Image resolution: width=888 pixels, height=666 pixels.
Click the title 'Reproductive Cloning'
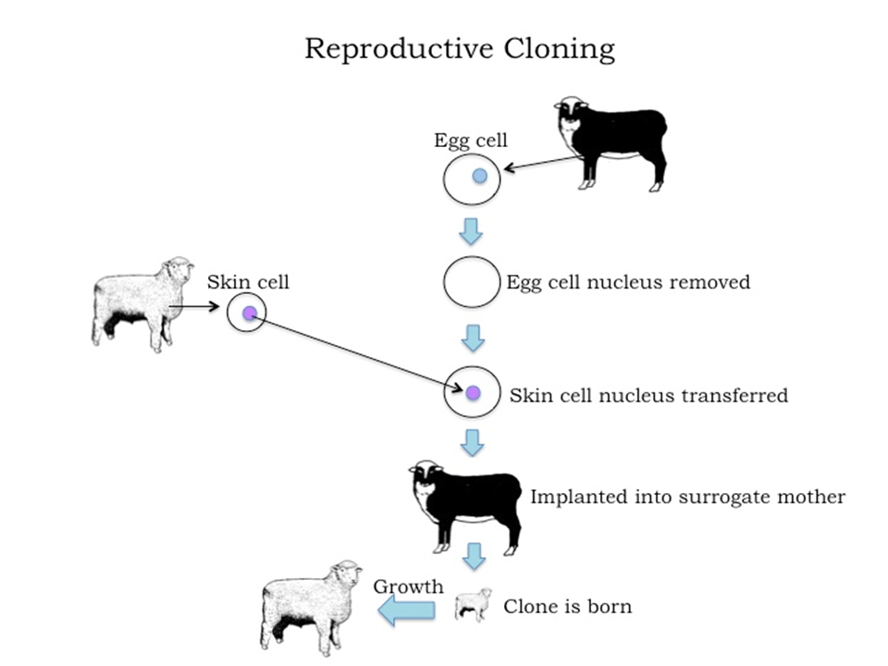click(460, 48)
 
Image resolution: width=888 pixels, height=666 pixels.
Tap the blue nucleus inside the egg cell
click(479, 175)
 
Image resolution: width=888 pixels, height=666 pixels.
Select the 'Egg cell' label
click(471, 141)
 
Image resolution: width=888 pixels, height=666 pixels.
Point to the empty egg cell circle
click(472, 282)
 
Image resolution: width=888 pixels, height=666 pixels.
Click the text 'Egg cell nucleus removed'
click(628, 282)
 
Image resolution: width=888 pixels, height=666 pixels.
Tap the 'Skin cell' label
click(248, 282)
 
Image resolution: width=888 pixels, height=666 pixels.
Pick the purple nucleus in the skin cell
click(248, 314)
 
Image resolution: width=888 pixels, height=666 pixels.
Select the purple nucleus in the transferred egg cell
click(474, 393)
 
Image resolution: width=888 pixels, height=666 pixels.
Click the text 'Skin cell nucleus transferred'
click(648, 396)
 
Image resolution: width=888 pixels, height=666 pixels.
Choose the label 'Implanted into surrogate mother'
click(687, 498)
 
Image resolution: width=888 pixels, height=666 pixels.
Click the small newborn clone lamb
click(473, 604)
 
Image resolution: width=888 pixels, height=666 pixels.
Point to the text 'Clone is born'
click(568, 607)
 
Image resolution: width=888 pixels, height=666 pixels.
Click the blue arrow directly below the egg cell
click(472, 231)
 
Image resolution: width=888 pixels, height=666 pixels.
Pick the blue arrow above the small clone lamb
click(475, 556)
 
